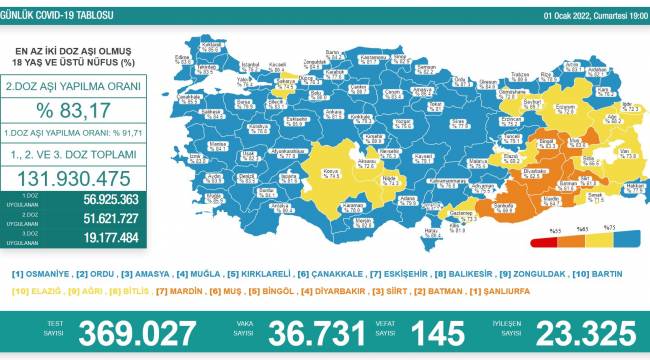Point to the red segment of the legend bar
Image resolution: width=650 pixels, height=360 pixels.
click(548, 241)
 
